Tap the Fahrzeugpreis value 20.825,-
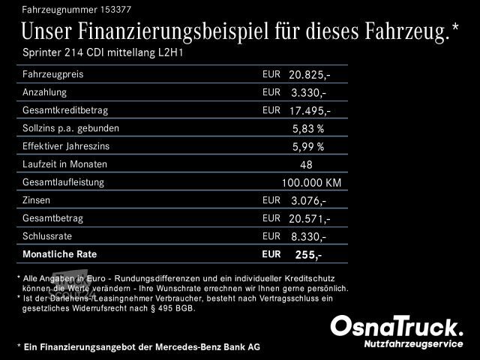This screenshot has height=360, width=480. point(310,75)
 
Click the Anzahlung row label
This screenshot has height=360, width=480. point(45,92)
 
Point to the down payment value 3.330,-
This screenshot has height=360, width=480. point(308,93)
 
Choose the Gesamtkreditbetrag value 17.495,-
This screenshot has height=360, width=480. point(310,111)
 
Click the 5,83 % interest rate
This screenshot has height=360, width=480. point(308,129)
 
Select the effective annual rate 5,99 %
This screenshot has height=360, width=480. point(308,147)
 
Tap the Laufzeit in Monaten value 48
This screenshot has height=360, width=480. point(306,165)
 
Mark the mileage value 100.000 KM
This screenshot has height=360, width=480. point(311,183)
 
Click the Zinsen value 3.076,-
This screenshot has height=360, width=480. point(308,201)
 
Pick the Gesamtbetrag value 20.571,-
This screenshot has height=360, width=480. point(310,219)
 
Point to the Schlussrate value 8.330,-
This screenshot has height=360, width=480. point(308,237)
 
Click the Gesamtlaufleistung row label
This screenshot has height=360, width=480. point(63,182)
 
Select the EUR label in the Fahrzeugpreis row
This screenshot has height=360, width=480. point(271,74)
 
